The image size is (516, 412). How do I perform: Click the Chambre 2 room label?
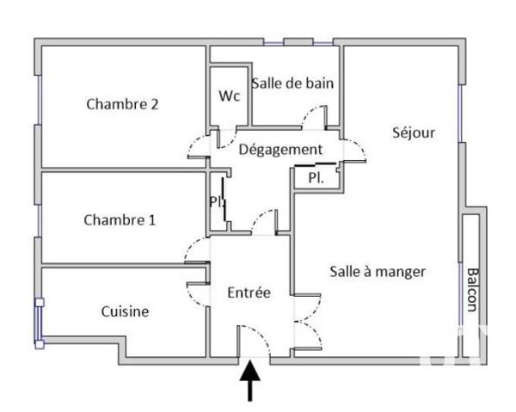[x=122, y=105]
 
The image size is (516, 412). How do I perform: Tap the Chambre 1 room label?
[x=120, y=219]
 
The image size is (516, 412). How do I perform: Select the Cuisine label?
[x=125, y=311]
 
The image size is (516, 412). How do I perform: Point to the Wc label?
[x=228, y=94]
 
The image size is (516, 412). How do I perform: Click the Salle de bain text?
[x=292, y=83]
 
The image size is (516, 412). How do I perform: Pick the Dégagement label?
[x=280, y=150]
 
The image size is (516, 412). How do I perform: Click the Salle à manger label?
[x=378, y=271]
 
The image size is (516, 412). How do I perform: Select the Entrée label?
[x=249, y=292]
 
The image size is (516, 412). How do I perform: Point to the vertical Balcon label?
[x=472, y=288]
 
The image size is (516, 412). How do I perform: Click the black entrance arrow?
[x=250, y=381]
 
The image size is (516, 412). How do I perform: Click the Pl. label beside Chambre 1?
[x=216, y=201]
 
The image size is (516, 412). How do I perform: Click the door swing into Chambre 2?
[x=199, y=148]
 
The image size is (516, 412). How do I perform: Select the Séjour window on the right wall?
[x=461, y=112]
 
